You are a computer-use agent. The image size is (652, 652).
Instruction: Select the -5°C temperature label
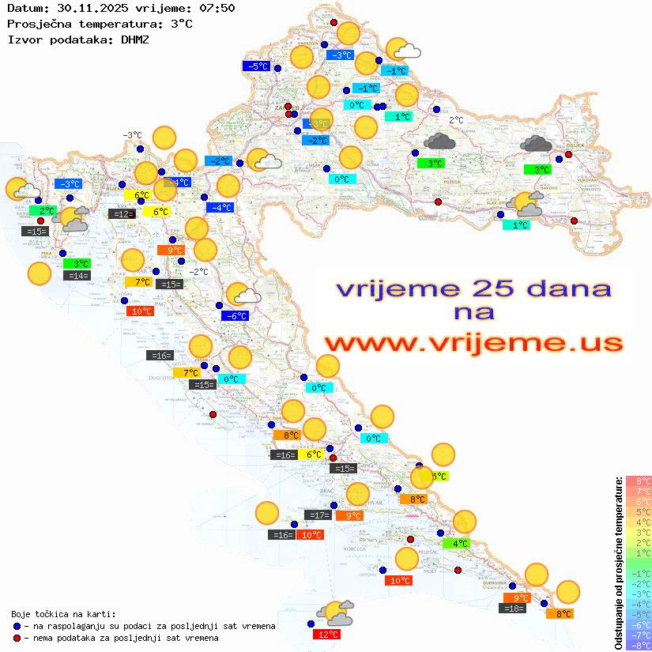(x=258, y=66)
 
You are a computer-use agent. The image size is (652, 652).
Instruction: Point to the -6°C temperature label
(x=235, y=316)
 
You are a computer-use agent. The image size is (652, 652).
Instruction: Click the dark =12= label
(x=121, y=213)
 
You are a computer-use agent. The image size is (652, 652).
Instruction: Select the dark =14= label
(x=77, y=276)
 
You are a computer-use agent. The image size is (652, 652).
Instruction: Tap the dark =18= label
(x=513, y=608)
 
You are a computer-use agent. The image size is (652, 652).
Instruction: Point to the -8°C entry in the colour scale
(x=639, y=645)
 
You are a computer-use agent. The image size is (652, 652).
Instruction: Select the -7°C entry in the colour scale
(x=639, y=635)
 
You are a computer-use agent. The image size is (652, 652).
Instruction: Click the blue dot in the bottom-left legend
(x=17, y=626)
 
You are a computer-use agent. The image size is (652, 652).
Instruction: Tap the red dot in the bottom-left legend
(x=17, y=637)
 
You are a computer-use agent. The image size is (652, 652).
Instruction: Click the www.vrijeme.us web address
(x=473, y=343)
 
